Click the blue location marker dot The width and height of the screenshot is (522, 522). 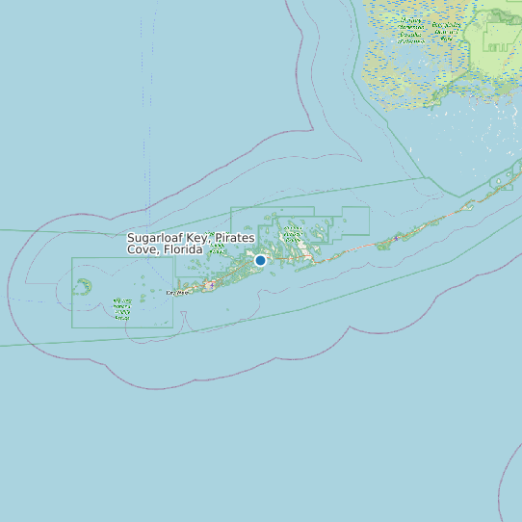coord(260,260)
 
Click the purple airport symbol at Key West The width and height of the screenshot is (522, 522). coord(210,285)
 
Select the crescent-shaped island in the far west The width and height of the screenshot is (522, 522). coord(84,286)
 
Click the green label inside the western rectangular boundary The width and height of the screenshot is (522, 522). coord(122,309)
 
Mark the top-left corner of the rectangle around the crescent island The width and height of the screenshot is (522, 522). coord(72,258)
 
